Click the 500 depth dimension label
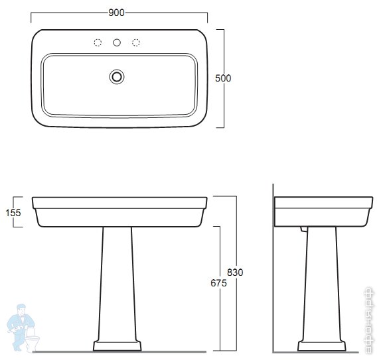(223, 78)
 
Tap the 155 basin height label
(13, 212)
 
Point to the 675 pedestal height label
(218, 283)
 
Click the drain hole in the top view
(117, 76)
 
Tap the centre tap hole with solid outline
(117, 43)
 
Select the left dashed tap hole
(98, 43)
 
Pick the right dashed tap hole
(136, 43)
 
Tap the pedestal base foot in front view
(117, 346)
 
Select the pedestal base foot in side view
(322, 346)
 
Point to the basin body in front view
(119, 211)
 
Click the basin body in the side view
(323, 211)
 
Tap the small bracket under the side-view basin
(303, 229)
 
